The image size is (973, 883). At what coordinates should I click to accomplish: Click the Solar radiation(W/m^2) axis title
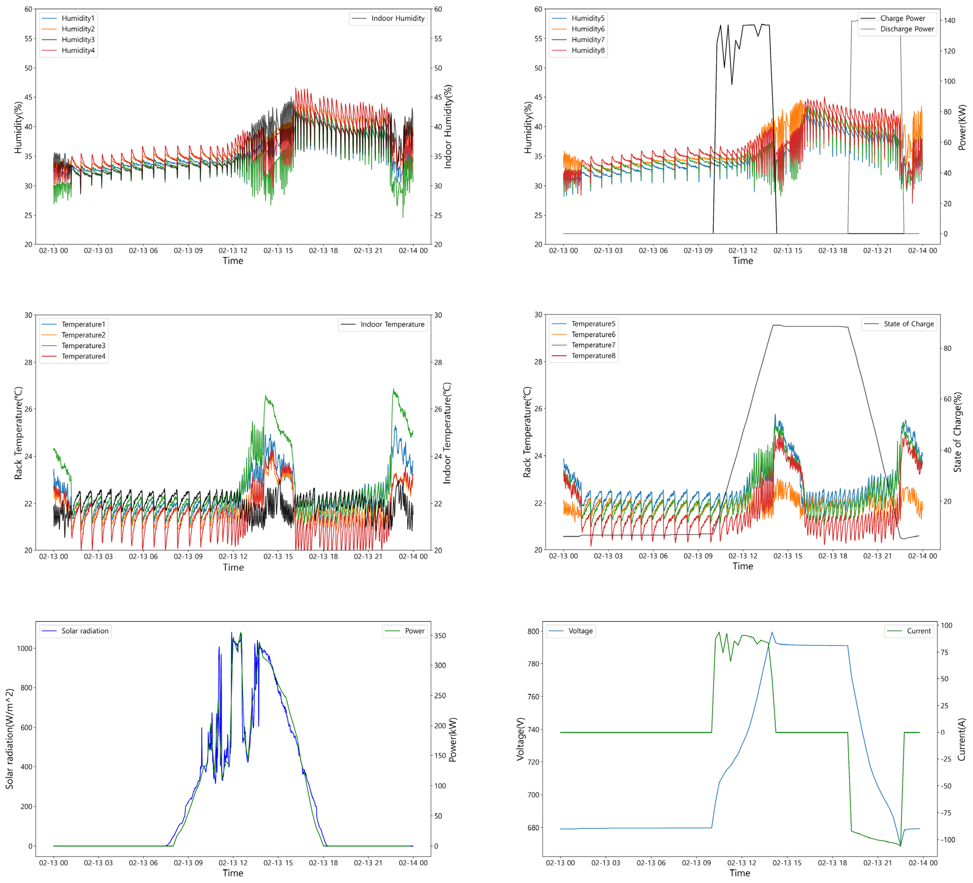10,739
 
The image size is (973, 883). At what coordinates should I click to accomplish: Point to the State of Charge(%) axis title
958,432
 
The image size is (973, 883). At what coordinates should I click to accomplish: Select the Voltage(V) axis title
520,739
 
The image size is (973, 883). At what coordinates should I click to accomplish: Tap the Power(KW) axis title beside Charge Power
962,127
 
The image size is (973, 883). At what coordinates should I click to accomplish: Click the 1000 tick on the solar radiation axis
24,648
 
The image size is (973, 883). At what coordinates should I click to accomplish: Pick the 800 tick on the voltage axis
533,631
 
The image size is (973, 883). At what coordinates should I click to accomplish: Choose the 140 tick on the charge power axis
949,20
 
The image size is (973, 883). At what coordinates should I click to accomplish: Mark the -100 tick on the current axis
948,840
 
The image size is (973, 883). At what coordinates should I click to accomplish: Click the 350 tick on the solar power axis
440,636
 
